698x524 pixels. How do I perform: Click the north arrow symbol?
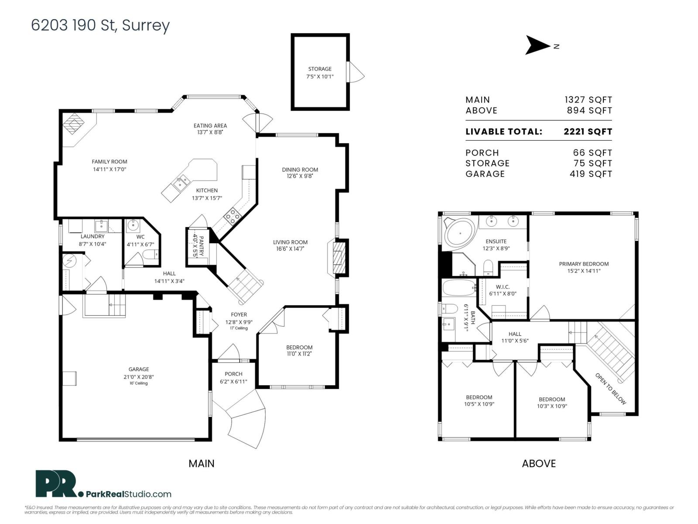click(x=538, y=45)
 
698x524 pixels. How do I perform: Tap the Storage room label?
click(x=320, y=69)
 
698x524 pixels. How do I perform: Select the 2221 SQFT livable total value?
click(x=588, y=131)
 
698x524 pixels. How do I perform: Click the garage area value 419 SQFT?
click(x=591, y=174)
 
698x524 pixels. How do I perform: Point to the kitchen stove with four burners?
click(x=232, y=216)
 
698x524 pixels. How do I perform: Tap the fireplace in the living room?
click(x=339, y=257)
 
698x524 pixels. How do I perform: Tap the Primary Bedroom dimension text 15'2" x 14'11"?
click(x=584, y=271)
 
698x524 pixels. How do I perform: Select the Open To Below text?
click(x=610, y=389)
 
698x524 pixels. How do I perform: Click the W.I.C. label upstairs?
click(x=503, y=287)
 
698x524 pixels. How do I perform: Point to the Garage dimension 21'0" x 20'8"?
click(x=138, y=376)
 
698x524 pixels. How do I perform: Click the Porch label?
click(x=233, y=374)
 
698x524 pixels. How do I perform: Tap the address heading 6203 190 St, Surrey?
click(x=100, y=25)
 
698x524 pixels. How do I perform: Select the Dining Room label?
click(x=300, y=169)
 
